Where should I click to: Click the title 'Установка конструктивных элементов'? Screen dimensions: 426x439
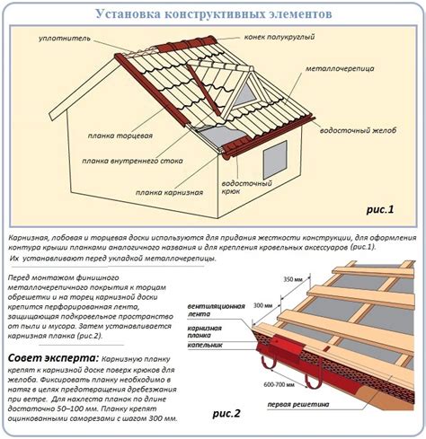point(214,14)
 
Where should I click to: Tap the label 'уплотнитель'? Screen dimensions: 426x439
point(65,39)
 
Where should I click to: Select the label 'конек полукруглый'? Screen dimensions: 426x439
point(280,37)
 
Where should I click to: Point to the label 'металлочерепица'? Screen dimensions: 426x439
point(340,68)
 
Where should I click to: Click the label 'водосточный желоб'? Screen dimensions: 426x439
point(358,130)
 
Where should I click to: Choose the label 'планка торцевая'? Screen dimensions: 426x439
point(120,136)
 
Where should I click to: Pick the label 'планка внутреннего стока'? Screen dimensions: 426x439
point(132,161)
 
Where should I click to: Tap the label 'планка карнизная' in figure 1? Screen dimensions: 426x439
point(169,192)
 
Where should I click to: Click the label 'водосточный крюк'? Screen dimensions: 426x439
point(246,187)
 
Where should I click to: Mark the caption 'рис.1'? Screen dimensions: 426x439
point(380,209)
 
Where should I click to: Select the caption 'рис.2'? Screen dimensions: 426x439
point(226,414)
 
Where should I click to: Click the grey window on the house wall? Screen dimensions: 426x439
point(275,161)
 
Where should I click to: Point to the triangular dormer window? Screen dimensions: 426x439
point(245,94)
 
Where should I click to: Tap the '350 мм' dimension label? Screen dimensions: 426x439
point(293,280)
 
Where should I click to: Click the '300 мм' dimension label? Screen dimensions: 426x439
point(263,305)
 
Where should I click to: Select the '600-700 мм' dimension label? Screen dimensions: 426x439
point(279,384)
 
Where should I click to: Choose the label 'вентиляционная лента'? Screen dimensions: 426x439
point(216,310)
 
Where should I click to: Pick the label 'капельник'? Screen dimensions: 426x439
point(205,345)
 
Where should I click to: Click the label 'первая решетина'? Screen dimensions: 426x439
point(298,405)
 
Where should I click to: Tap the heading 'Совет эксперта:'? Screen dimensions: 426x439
point(53,358)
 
